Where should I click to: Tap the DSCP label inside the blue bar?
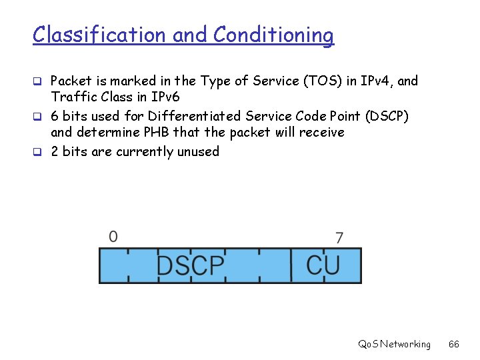(191, 266)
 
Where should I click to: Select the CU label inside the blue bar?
(323, 265)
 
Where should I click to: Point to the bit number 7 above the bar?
(339, 237)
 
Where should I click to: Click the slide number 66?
(454, 344)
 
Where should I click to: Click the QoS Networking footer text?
(394, 344)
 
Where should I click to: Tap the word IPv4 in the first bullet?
(378, 81)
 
